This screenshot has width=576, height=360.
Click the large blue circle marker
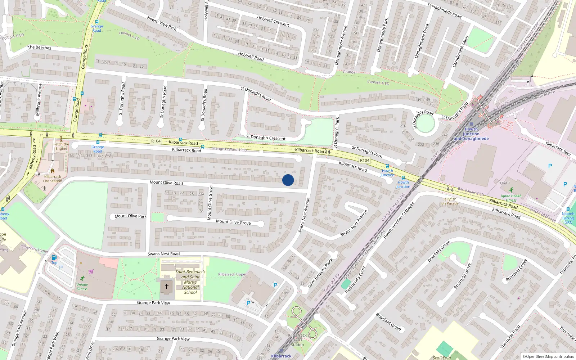click(x=288, y=180)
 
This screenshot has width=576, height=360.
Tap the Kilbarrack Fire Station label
click(x=53, y=179)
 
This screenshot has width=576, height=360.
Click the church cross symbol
click(x=167, y=287)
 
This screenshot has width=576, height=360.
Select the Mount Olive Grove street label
click(x=233, y=222)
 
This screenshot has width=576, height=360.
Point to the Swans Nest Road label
click(x=163, y=254)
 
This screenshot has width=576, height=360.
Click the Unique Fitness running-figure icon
click(x=82, y=278)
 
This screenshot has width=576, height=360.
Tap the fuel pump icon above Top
click(x=54, y=257)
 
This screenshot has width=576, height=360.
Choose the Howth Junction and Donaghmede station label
click(x=471, y=134)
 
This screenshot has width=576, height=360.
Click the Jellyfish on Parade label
click(x=450, y=201)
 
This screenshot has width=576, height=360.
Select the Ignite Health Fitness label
click(x=511, y=198)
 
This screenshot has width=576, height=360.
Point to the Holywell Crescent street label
click(x=273, y=21)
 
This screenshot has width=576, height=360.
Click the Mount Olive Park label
click(x=130, y=216)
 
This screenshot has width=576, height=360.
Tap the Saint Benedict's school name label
click(x=190, y=282)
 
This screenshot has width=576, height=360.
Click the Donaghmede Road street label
click(x=444, y=10)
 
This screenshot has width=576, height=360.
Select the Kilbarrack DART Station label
click(x=297, y=340)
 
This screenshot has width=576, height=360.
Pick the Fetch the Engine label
click(x=61, y=146)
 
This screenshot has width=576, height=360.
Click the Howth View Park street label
click(x=162, y=23)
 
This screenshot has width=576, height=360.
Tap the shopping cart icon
click(x=91, y=271)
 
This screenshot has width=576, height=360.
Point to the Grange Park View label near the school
click(x=153, y=303)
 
